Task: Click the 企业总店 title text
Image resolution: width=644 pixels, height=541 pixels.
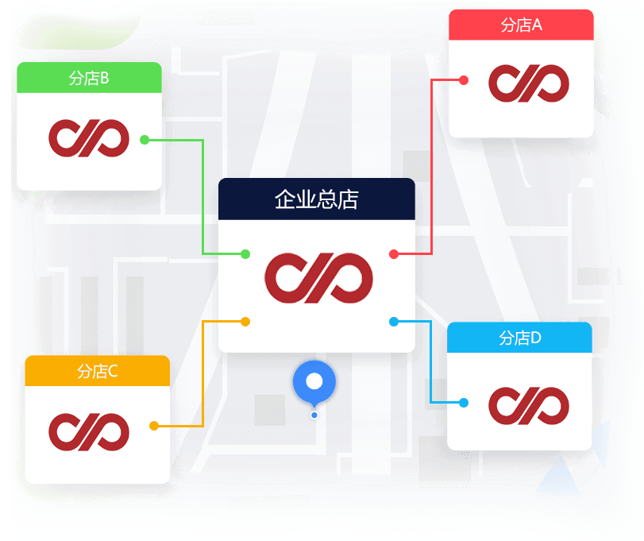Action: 316,199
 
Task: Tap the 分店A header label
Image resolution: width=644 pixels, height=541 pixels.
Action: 521,25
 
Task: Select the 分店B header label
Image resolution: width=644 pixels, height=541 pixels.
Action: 89,78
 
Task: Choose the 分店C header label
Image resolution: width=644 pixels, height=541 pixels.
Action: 97,371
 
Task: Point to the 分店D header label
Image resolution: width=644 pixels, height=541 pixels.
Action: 519,338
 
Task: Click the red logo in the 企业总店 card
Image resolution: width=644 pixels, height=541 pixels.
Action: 317,276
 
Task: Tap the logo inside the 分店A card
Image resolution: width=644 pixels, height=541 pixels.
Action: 529,83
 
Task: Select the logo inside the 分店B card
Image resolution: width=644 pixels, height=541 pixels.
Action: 89,138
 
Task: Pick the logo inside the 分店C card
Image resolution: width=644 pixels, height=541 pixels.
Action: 89,431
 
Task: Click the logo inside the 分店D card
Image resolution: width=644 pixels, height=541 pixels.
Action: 529,404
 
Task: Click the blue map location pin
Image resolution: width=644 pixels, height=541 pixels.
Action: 314,382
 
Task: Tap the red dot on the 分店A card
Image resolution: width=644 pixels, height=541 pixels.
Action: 464,80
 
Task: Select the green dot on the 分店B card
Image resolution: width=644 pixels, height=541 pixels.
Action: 145,140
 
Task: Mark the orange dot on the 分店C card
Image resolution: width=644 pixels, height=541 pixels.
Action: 154,426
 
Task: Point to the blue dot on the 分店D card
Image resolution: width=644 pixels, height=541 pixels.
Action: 464,403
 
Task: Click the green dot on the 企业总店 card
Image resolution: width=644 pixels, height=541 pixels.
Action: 245,254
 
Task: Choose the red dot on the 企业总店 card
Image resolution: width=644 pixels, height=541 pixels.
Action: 393,254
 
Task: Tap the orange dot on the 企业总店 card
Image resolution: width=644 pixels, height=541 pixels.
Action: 245,322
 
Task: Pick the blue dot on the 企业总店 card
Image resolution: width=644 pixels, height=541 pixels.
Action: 393,322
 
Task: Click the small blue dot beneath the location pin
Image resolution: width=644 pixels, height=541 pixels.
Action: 314,415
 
